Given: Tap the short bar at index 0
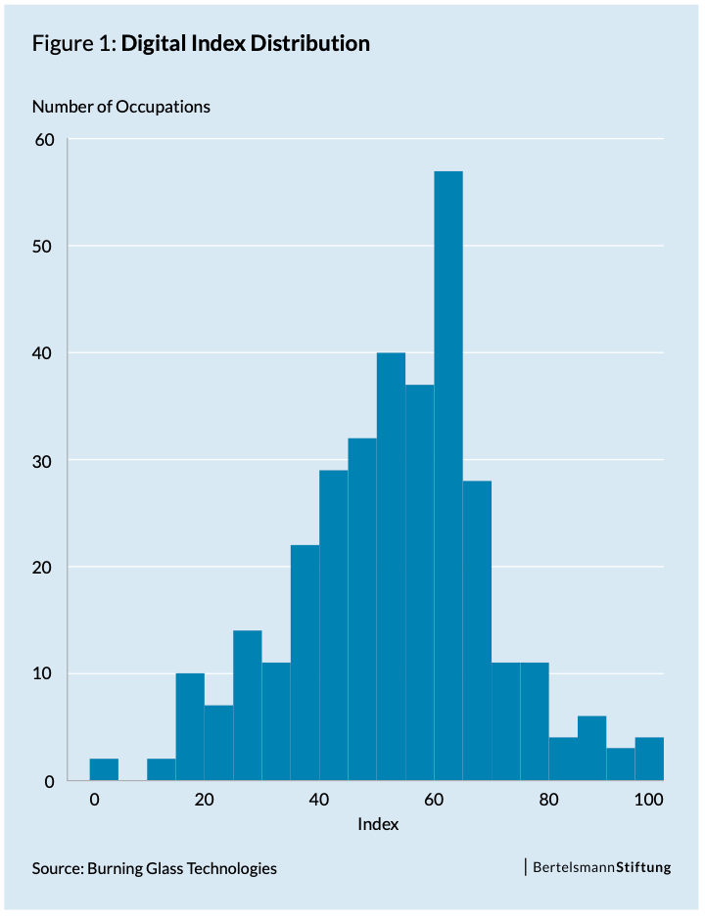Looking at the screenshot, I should pyautogui.click(x=104, y=769).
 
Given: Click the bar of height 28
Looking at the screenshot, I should pyautogui.click(x=477, y=630).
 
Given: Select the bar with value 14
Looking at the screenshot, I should pyautogui.click(x=248, y=705).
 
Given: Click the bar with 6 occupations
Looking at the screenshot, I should pyautogui.click(x=591, y=748).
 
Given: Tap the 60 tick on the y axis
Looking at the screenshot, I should pyautogui.click(x=45, y=139).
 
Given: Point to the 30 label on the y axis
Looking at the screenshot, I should pyautogui.click(x=45, y=460).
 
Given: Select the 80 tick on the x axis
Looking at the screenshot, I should pyautogui.click(x=548, y=800).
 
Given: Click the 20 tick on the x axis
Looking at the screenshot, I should pyautogui.click(x=204, y=800).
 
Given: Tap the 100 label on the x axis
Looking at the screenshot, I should pyautogui.click(x=648, y=800).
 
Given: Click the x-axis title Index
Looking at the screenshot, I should pyautogui.click(x=378, y=824).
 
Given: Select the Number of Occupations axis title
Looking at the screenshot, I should pyautogui.click(x=121, y=106).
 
